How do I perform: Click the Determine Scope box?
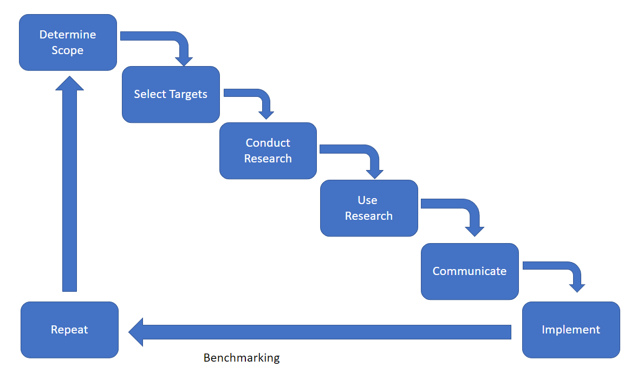point(68,43)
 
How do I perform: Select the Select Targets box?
point(171,94)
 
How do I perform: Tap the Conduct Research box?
point(268,150)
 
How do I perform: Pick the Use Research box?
point(369,208)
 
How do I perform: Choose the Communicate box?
point(470,271)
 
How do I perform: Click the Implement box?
point(571,330)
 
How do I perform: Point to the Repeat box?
point(69,330)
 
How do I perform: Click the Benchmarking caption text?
point(242,358)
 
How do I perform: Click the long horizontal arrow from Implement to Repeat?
point(320,332)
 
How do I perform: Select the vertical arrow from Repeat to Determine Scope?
point(69,184)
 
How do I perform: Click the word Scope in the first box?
point(67,51)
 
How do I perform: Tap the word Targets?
point(188,95)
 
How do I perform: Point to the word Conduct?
point(268,143)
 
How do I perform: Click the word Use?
point(368,200)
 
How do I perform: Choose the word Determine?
point(68,35)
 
